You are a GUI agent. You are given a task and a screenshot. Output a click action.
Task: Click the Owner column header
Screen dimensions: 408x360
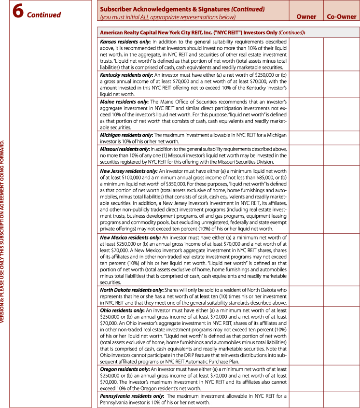tap(306, 17)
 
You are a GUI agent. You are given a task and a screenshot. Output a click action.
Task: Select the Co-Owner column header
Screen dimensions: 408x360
tap(341, 17)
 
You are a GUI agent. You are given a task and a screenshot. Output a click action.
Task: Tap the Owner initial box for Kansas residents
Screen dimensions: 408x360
tap(306, 55)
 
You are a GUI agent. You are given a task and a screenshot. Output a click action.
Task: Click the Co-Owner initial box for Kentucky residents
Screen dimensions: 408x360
tap(341, 85)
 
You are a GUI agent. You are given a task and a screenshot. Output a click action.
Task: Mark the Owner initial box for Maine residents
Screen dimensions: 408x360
tap(306, 115)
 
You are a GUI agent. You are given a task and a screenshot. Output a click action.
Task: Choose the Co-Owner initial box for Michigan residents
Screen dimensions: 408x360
tap(341, 138)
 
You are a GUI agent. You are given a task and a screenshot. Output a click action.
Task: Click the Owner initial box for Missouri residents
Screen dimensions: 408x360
tap(306, 156)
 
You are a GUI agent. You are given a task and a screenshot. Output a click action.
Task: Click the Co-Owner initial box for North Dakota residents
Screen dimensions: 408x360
tap(341, 296)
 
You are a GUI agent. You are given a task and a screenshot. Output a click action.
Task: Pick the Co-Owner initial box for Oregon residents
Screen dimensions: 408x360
tap(341, 379)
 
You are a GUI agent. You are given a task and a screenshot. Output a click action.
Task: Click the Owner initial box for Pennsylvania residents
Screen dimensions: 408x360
tap(306, 400)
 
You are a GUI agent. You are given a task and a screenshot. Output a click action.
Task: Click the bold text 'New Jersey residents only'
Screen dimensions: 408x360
tap(129, 171)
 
